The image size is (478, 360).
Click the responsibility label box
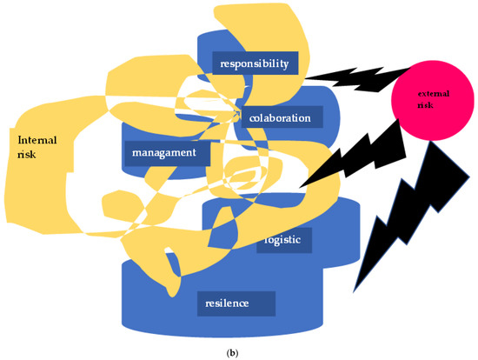(255, 63)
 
